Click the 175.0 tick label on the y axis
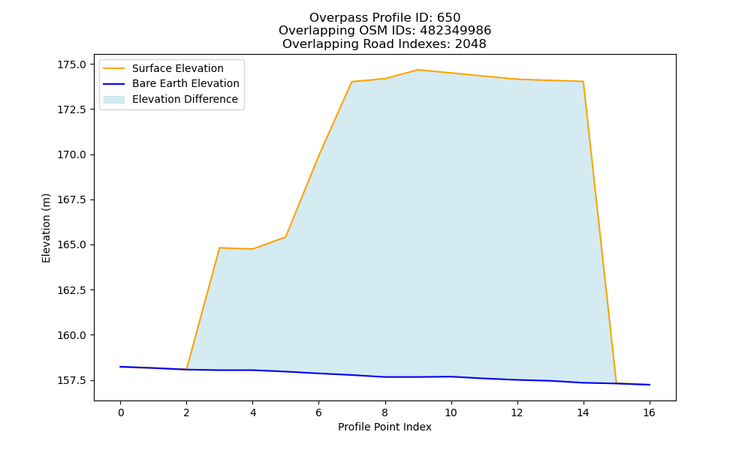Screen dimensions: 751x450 click(x=72, y=64)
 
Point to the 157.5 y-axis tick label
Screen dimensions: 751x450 click(x=72, y=381)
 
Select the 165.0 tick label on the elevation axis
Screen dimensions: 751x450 click(x=72, y=244)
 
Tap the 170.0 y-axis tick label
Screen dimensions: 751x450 click(x=72, y=155)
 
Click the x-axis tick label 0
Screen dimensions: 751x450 click(x=121, y=412)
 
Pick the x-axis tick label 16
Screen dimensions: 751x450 click(x=649, y=412)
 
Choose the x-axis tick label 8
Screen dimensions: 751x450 click(x=385, y=412)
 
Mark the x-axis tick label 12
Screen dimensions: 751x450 click(x=517, y=412)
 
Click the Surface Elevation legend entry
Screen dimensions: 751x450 click(x=178, y=68)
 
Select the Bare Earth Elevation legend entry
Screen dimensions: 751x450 click(x=185, y=83)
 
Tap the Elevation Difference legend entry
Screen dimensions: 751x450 click(x=185, y=99)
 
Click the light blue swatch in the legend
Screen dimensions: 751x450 click(x=114, y=100)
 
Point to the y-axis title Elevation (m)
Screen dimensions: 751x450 click(x=46, y=228)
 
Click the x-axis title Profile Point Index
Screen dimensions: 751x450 click(x=385, y=427)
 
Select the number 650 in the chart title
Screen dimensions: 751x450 click(x=449, y=18)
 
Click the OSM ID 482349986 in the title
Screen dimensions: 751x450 click(x=456, y=31)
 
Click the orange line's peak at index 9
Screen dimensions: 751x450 click(x=418, y=70)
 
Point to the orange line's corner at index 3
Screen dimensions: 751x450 click(x=219, y=247)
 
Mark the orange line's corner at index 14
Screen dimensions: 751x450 click(x=583, y=81)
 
